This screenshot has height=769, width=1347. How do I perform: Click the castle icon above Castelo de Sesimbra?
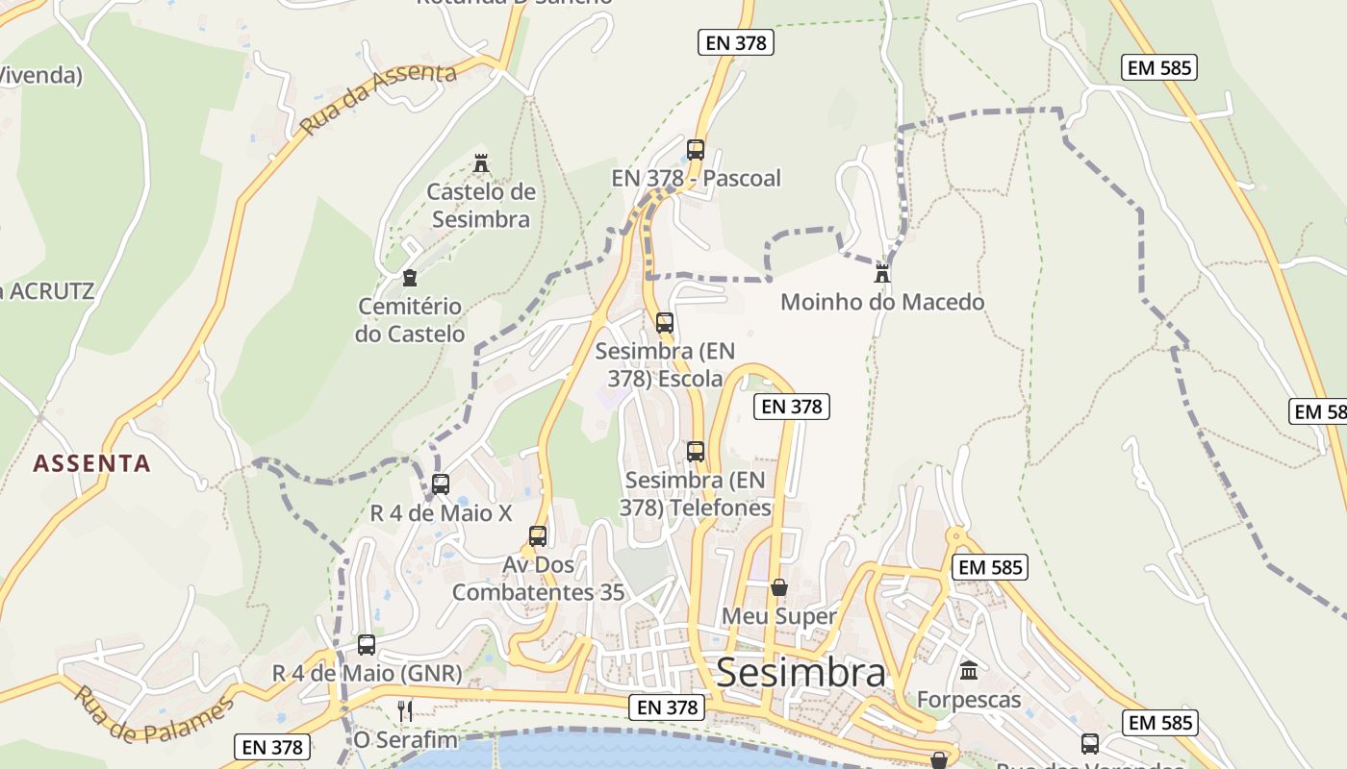pyautogui.click(x=481, y=162)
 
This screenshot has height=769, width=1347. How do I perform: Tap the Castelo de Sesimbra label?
pyautogui.click(x=481, y=206)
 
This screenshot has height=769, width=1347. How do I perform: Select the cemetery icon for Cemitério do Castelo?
pyautogui.click(x=410, y=278)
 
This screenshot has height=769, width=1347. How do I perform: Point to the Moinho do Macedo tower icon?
pyautogui.click(x=881, y=273)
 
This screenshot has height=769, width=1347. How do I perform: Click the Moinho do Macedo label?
pyautogui.click(x=882, y=302)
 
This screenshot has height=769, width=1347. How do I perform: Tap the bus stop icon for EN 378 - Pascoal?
pyautogui.click(x=696, y=150)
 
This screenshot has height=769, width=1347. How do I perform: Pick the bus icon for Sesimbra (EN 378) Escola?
pyautogui.click(x=665, y=323)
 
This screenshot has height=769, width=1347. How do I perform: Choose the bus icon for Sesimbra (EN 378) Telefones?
pyautogui.click(x=696, y=451)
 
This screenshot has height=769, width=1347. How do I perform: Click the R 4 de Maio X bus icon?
pyautogui.click(x=441, y=484)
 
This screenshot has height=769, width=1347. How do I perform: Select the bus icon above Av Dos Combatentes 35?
pyautogui.click(x=538, y=536)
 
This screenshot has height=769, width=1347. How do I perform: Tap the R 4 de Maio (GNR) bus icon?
pyautogui.click(x=367, y=645)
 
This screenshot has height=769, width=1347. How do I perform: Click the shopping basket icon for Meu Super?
pyautogui.click(x=779, y=587)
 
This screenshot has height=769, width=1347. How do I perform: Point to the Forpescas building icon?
pyautogui.click(x=969, y=670)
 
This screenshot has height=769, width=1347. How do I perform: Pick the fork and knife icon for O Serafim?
pyautogui.click(x=405, y=711)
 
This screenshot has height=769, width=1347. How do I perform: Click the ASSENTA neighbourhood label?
pyautogui.click(x=92, y=463)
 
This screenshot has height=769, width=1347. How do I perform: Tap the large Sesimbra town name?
pyautogui.click(x=801, y=673)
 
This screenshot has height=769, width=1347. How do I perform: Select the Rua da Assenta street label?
pyautogui.click(x=377, y=100)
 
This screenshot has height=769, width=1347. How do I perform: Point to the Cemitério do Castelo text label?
pyautogui.click(x=410, y=320)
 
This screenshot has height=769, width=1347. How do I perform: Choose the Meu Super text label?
pyautogui.click(x=779, y=615)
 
